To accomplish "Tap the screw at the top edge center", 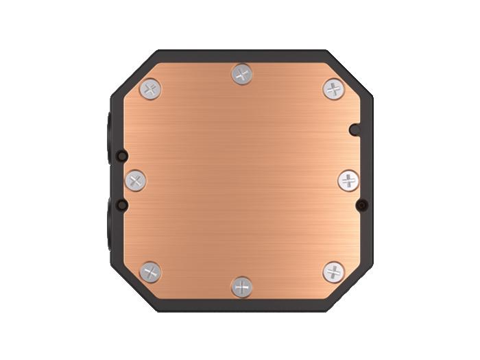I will pos(241,74).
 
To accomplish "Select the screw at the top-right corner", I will pos(333,88).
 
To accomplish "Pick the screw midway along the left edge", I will pos(135,181).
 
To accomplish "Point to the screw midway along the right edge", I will pos(348,181).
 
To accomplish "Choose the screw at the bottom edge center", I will pos(241,287).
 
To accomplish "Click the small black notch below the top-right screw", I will pos(354,128).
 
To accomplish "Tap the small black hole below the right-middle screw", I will pos(361,204).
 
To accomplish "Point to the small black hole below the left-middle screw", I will pos(122,204).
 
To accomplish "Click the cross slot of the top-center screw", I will pos(241,74).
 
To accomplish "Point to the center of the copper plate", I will pos(241,181).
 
